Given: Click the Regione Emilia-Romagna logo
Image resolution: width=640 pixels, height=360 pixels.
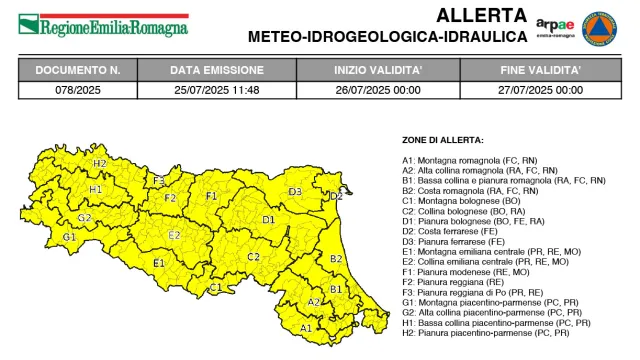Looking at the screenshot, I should (104, 22).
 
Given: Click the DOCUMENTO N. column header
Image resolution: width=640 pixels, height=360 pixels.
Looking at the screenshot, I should (78, 70).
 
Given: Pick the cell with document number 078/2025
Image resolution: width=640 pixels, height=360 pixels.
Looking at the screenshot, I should (78, 89).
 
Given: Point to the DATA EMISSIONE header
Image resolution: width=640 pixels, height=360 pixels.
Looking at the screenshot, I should (217, 70).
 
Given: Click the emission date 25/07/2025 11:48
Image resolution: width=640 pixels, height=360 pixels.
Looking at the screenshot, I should (217, 89).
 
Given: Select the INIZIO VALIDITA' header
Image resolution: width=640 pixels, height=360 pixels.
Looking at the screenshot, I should (377, 70).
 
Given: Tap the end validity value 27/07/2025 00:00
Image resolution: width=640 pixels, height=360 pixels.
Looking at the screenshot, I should (541, 89).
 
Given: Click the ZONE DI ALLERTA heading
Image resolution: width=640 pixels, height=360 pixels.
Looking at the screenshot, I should (443, 140).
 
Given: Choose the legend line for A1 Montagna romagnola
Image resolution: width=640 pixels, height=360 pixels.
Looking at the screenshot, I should (474, 160).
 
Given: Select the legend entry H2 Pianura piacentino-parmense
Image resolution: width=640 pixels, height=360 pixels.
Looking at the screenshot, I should (486, 332).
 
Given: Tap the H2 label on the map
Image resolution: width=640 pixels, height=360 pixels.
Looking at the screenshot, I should (99, 163).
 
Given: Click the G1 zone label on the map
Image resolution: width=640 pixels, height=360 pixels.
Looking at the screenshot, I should (68, 237).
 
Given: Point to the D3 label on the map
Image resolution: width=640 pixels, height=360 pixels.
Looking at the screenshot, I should (295, 191).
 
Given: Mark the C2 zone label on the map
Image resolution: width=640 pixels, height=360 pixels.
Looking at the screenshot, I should (253, 257).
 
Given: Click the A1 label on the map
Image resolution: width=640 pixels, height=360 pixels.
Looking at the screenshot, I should (306, 327).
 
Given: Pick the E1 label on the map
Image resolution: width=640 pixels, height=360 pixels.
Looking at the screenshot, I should (158, 263).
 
